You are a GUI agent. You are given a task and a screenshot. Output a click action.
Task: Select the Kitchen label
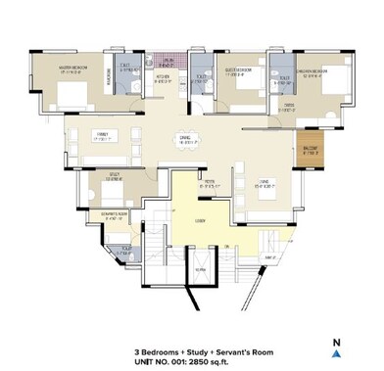(x=165, y=76)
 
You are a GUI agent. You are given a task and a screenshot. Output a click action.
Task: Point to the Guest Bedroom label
(x=238, y=70)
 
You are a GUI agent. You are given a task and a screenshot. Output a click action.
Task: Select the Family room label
(x=101, y=135)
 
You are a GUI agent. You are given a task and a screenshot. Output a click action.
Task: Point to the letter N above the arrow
(x=336, y=342)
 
